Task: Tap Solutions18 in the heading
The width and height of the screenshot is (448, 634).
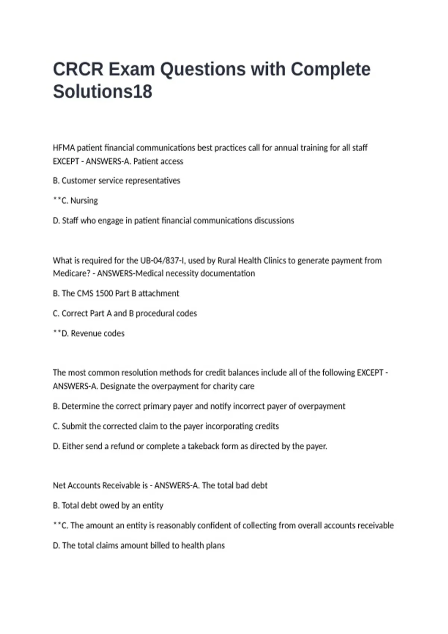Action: [102, 92]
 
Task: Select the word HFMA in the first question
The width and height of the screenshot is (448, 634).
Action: [63, 148]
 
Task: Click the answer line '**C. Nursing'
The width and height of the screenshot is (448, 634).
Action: [75, 201]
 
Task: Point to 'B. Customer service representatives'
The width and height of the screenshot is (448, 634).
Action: [116, 181]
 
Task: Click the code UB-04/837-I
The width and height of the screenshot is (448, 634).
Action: [163, 260]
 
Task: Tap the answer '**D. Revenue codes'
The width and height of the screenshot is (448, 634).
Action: [89, 333]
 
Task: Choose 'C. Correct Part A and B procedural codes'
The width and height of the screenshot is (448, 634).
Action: [125, 314]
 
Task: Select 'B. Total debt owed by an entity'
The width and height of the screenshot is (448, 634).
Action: [108, 506]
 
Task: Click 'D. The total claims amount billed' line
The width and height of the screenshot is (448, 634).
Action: [139, 546]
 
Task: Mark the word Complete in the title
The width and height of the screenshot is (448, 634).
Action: [330, 69]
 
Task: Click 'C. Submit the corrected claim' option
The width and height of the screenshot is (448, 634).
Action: [166, 426]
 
